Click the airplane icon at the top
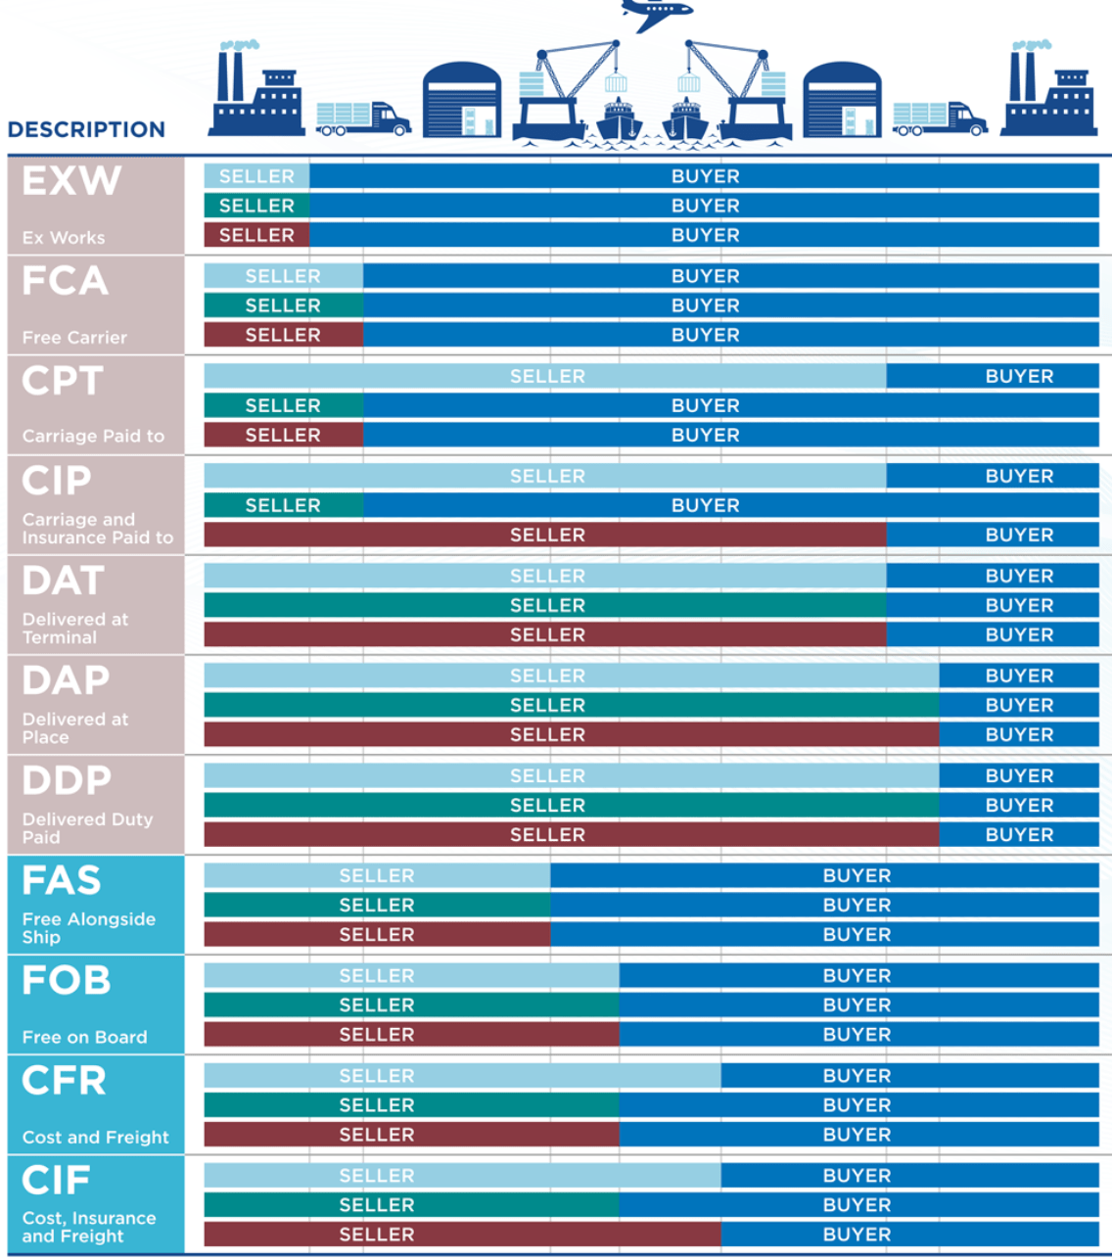click(657, 14)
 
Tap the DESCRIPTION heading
click(86, 130)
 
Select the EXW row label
click(71, 181)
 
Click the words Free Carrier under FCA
click(74, 338)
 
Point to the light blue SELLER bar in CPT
click(545, 377)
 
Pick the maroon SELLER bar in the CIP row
click(545, 536)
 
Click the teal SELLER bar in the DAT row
click(545, 606)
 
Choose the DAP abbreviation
click(66, 680)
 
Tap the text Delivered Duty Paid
click(87, 828)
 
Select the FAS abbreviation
click(62, 880)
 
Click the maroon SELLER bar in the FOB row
click(411, 1035)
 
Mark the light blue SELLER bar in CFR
click(462, 1076)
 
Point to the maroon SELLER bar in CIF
click(462, 1235)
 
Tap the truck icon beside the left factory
click(362, 117)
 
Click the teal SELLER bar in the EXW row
click(256, 207)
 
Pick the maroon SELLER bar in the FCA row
click(283, 336)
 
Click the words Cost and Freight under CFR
click(95, 1138)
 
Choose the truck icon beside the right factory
click(939, 117)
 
